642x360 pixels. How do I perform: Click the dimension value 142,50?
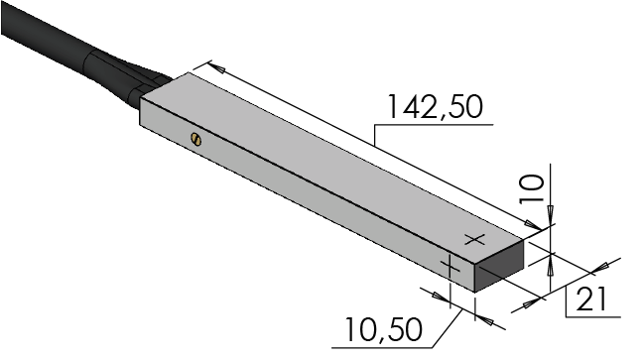pyautogui.click(x=435, y=107)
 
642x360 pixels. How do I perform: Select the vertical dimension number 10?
pyautogui.click(x=532, y=189)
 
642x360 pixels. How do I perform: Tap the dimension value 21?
pyautogui.click(x=591, y=300)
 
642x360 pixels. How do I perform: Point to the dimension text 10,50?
pyautogui.click(x=384, y=329)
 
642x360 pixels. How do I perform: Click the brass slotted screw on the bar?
pyautogui.click(x=196, y=139)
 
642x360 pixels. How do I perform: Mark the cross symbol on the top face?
pyautogui.click(x=475, y=240)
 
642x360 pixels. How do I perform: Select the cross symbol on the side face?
pyautogui.click(x=450, y=267)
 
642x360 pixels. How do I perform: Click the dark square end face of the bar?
pyautogui.click(x=499, y=266)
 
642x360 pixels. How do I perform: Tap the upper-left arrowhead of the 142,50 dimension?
pyautogui.click(x=215, y=67)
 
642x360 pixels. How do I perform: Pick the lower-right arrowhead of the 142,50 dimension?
pyautogui.click(x=534, y=225)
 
